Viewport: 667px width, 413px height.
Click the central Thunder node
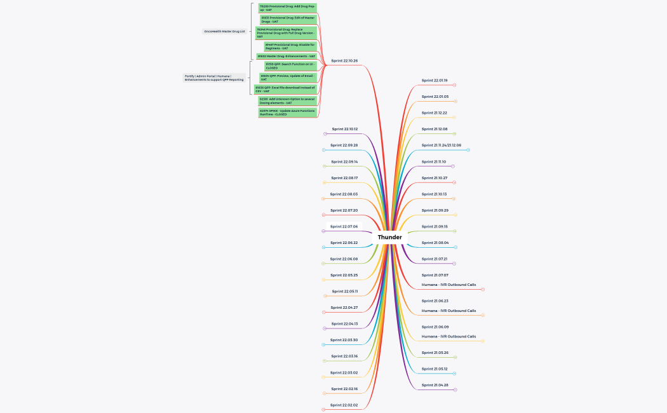(389, 237)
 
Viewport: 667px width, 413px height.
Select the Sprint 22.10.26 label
(344, 61)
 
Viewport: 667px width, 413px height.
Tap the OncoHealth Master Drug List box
(224, 31)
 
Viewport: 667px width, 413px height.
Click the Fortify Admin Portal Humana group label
(214, 78)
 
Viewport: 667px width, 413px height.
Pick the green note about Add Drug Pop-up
(287, 8)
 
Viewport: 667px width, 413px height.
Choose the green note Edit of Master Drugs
(288, 20)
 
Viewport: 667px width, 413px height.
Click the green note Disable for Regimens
(290, 46)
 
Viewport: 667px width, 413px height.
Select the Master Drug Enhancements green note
(286, 56)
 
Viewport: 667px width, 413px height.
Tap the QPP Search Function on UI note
(290, 66)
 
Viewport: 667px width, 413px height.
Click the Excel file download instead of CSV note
(285, 89)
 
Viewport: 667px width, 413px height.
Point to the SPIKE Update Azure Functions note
(287, 112)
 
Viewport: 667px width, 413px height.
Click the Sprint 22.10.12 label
(344, 129)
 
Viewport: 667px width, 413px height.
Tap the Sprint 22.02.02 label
(344, 405)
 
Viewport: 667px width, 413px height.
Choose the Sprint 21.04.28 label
(435, 385)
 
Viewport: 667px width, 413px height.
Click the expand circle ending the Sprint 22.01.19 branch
(455, 85)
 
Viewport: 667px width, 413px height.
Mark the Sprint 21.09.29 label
(435, 210)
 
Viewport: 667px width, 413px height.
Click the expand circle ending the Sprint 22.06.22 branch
(324, 247)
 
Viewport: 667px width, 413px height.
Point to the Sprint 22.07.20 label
(344, 210)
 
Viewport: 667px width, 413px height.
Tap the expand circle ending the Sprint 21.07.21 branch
(454, 263)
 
